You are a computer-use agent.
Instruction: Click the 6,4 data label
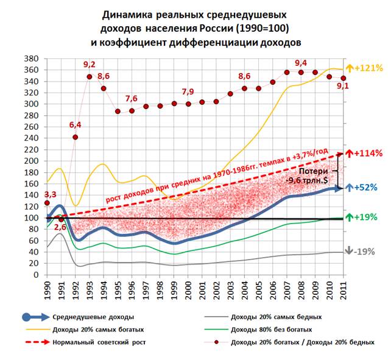[x=76, y=125]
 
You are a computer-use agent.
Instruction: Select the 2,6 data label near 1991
[x=60, y=227]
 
